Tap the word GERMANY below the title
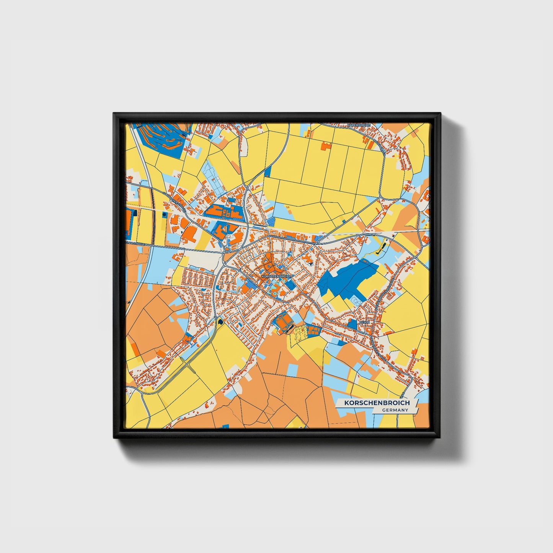pos(395,410)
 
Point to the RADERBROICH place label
pos(359,125)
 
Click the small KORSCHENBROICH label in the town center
pos(276,276)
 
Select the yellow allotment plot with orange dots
pos(300,333)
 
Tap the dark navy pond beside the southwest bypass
pos(220,321)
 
